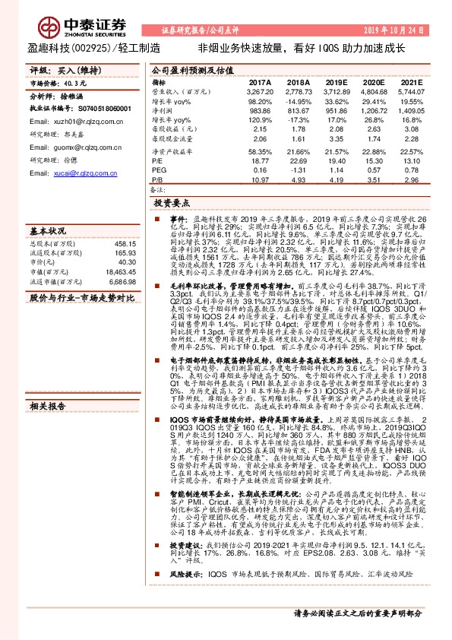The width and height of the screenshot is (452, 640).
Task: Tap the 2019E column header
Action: [x=336, y=81]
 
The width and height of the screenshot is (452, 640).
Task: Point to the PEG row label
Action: [x=158, y=170]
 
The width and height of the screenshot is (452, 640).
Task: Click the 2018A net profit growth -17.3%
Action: [x=299, y=119]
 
